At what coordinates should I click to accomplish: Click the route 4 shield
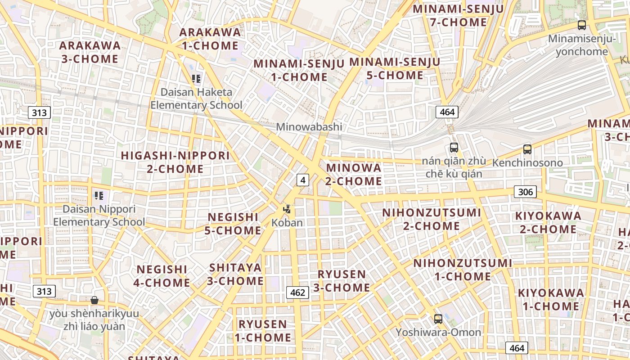[x=303, y=180]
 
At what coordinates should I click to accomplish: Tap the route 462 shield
[x=298, y=292]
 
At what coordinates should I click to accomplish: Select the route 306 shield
[x=525, y=192]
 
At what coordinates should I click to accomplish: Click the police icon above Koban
[x=287, y=209]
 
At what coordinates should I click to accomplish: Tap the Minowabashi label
[x=309, y=127]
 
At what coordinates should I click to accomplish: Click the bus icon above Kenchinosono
[x=527, y=149]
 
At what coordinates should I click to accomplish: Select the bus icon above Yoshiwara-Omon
[x=438, y=319]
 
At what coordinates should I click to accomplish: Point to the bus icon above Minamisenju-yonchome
[x=581, y=25]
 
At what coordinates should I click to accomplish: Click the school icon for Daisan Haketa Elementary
[x=196, y=79]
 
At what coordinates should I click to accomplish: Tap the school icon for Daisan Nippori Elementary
[x=99, y=196]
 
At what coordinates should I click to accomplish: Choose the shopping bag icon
[x=94, y=300]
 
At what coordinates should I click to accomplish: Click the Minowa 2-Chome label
[x=354, y=175]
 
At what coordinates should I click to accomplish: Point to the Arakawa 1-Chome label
[x=210, y=39]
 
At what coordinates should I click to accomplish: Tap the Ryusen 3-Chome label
[x=342, y=281]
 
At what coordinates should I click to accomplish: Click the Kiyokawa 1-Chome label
[x=550, y=300]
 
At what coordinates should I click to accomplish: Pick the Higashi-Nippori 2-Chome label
[x=175, y=162]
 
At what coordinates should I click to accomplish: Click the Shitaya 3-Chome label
[x=235, y=274]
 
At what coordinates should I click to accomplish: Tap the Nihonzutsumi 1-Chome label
[x=463, y=270]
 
